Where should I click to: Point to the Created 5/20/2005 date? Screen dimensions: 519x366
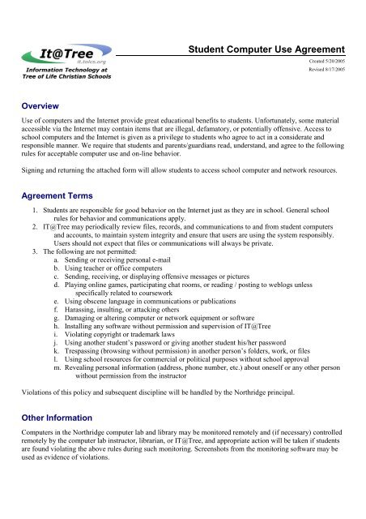(x=334, y=62)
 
